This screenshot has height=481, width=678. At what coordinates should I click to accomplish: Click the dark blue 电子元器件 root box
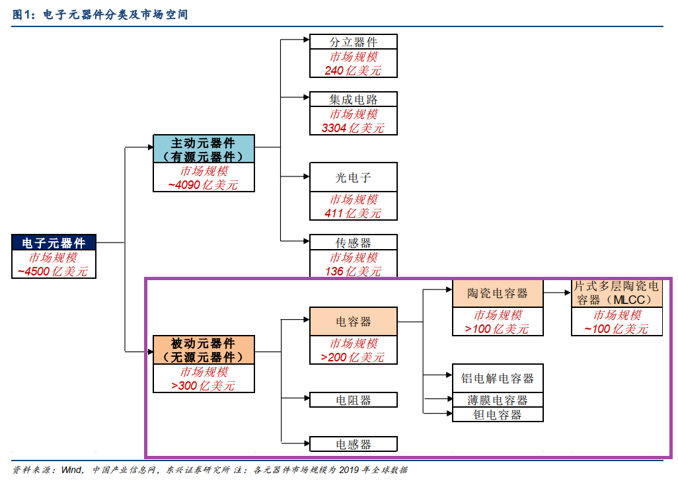[x=54, y=242]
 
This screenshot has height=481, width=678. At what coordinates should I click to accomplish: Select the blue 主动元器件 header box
[x=204, y=149]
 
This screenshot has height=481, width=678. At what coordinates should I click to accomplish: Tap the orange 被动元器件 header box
[x=204, y=350]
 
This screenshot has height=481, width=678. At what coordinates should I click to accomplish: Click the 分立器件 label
[x=354, y=42]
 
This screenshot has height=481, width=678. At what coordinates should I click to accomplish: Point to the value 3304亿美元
[x=353, y=128]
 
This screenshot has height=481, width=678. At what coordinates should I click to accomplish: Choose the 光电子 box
[x=354, y=177]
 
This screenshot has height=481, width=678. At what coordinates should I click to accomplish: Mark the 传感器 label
[x=354, y=242]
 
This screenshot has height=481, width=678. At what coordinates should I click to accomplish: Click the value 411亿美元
[x=353, y=213]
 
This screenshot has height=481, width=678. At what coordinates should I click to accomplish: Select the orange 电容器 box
[x=354, y=322]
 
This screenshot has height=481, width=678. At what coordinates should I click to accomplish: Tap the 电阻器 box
[x=354, y=400]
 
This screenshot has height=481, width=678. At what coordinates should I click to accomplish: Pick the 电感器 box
[x=354, y=444]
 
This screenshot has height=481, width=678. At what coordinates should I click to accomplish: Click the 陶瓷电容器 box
[x=498, y=293]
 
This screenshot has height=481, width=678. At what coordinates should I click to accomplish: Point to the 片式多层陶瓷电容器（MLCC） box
[x=617, y=293]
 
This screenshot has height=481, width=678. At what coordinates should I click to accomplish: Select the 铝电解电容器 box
[x=498, y=379]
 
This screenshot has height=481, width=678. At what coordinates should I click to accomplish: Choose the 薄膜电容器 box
[x=498, y=400]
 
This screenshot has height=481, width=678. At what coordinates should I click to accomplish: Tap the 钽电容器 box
[x=498, y=415]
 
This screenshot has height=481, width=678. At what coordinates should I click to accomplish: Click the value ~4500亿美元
[x=53, y=272]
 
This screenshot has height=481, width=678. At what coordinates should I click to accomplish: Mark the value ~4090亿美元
[x=203, y=185]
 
